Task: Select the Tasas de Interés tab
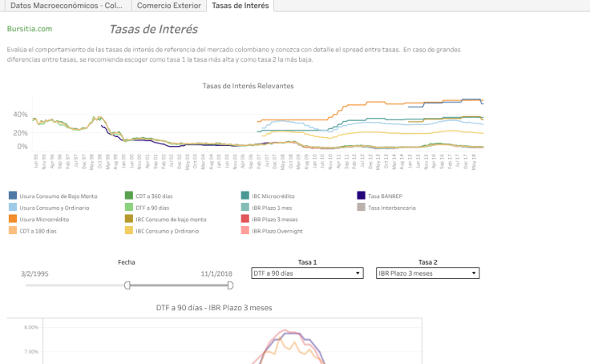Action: pyautogui.click(x=240, y=6)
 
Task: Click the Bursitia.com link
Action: pyautogui.click(x=29, y=29)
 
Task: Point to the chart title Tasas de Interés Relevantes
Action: pyautogui.click(x=248, y=86)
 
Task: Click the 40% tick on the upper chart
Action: pyautogui.click(x=20, y=115)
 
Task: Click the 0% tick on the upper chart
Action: pyautogui.click(x=22, y=147)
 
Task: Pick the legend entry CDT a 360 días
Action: pyautogui.click(x=160, y=195)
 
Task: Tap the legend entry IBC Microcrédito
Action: pyautogui.click(x=277, y=195)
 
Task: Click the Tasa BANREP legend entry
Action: pyautogui.click(x=386, y=195)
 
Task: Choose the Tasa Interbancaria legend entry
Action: pyautogui.click(x=393, y=207)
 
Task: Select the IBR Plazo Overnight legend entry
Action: pyautogui.click(x=277, y=231)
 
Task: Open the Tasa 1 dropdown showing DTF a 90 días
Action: pyautogui.click(x=307, y=273)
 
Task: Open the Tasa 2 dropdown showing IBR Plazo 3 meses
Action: pyautogui.click(x=427, y=273)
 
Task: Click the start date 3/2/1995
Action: pyautogui.click(x=37, y=273)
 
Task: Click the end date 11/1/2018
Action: pyautogui.click(x=216, y=273)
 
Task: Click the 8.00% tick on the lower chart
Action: pyautogui.click(x=30, y=328)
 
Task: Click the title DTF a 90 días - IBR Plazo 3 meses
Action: pyautogui.click(x=214, y=307)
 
